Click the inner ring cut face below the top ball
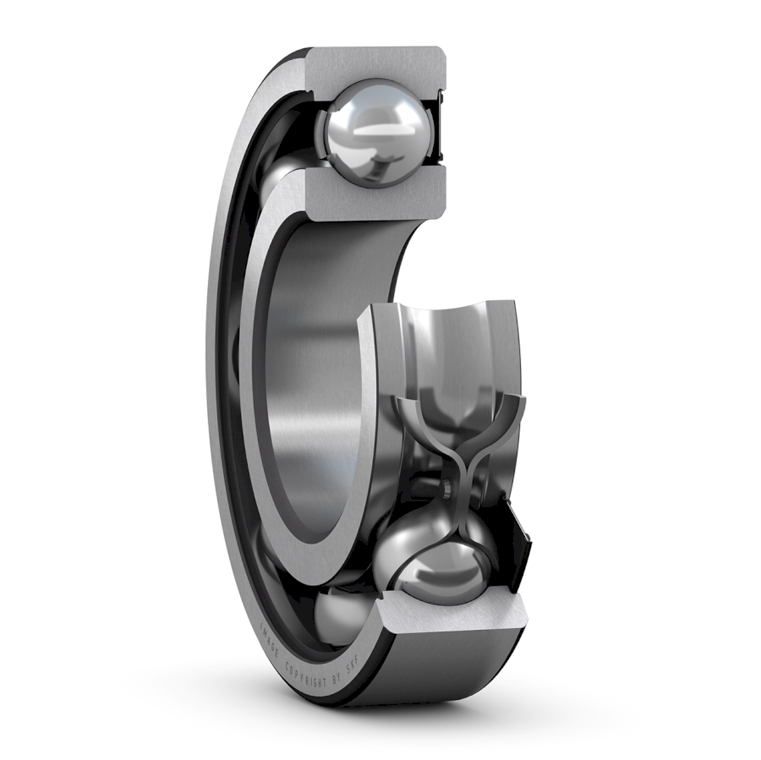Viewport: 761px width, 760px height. (x=372, y=195)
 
